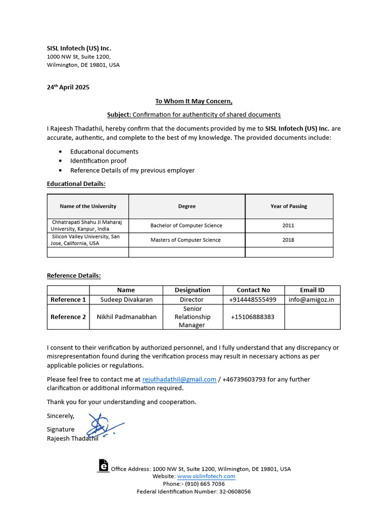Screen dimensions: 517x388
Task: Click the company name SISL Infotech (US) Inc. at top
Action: coord(79,48)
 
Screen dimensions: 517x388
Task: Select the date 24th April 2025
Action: coord(68,87)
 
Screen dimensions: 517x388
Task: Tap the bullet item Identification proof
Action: coord(98,161)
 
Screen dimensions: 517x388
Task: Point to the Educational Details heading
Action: coord(76,184)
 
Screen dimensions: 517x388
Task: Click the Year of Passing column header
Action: coord(288,206)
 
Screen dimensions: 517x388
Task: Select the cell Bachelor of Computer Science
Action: coord(186,226)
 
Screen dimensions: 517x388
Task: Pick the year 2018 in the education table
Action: coord(288,240)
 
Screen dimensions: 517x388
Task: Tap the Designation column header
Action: coord(192,290)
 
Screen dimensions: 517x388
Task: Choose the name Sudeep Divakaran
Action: coord(125,299)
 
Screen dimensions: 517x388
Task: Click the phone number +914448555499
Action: coord(253,299)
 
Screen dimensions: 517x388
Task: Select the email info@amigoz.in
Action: coord(311,299)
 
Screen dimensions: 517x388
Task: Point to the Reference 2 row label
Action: coord(68,317)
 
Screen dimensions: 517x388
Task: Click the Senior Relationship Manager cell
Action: coord(192,317)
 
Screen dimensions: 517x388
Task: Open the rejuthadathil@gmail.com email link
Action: coord(179,379)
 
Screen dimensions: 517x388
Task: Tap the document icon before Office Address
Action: coord(103,466)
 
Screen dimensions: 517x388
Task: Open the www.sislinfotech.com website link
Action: coord(206,476)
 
